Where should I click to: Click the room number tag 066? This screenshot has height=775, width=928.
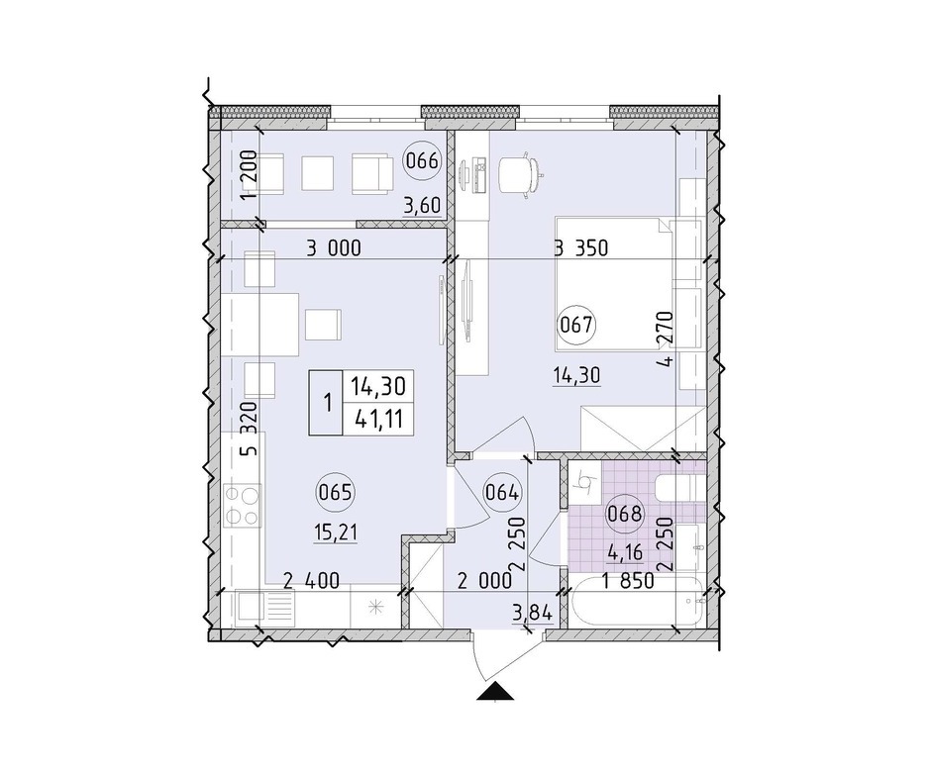[x=422, y=160]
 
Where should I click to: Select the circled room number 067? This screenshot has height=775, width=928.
[x=576, y=325]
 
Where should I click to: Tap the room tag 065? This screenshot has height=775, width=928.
[x=335, y=492]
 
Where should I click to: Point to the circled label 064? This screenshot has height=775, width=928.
[x=502, y=492]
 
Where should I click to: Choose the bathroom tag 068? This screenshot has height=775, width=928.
[x=625, y=514]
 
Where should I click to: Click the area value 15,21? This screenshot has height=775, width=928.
[x=336, y=533]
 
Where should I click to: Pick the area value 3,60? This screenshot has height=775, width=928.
[x=422, y=206]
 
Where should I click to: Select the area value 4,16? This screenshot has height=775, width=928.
[x=626, y=554]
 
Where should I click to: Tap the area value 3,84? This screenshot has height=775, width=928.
[x=533, y=613]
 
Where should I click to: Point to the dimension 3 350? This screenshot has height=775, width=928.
[x=580, y=248]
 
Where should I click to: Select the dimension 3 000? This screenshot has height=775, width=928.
[x=333, y=248]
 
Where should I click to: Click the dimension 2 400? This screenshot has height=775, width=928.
[x=311, y=581]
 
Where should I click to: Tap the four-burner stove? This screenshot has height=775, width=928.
[x=244, y=505]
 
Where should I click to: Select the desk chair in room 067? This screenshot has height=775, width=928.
[x=521, y=174]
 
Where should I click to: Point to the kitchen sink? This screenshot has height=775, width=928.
[x=264, y=608]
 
